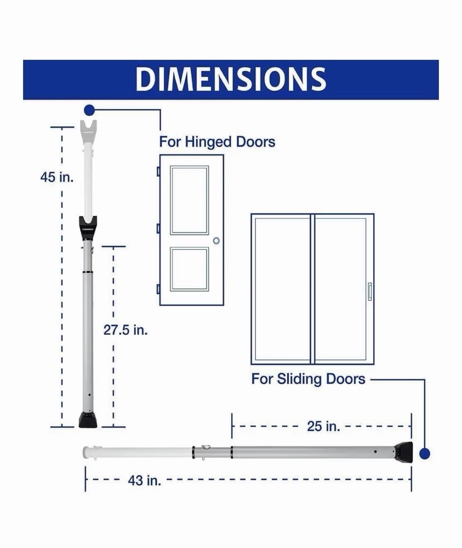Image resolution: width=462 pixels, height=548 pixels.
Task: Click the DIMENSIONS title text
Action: click(231, 79)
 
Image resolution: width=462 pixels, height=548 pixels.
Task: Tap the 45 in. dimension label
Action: click(57, 178)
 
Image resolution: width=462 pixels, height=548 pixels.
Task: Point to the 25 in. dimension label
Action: click(323, 426)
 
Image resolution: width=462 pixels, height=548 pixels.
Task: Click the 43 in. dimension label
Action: click(144, 481)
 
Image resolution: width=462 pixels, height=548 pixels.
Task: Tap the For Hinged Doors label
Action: click(217, 142)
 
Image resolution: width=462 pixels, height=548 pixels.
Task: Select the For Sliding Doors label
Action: click(308, 379)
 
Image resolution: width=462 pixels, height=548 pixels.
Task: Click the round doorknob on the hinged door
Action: click(216, 241)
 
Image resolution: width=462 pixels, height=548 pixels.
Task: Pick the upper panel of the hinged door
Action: click(189, 200)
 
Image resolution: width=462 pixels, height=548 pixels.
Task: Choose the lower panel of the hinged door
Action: click(189, 269)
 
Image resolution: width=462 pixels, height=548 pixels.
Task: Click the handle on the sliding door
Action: click(370, 291)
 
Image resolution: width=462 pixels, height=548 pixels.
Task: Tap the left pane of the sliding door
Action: click(282, 289)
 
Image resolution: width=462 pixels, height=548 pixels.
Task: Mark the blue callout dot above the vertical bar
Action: click(89, 110)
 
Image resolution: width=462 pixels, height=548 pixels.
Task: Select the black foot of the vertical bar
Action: click(88, 420)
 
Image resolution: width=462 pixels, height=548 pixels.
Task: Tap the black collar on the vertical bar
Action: click(88, 227)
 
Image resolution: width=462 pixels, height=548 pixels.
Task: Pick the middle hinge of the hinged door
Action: click(158, 228)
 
